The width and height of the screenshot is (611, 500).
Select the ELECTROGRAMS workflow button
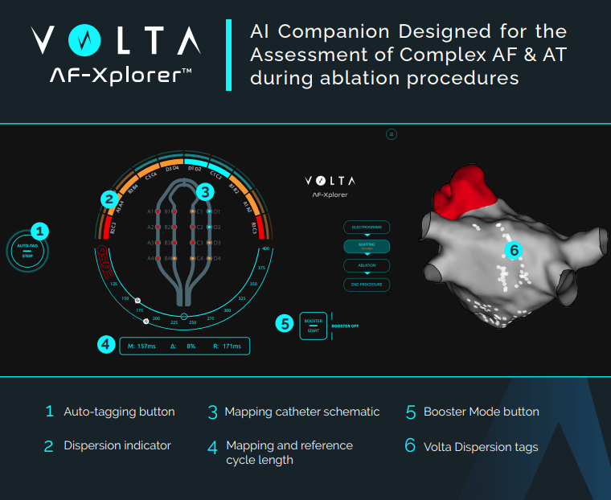click(367, 227)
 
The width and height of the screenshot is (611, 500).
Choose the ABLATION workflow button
click(367, 265)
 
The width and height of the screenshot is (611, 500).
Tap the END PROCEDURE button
click(367, 285)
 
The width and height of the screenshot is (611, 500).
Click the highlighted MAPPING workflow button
click(367, 247)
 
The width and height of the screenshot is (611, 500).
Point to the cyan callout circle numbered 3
click(205, 191)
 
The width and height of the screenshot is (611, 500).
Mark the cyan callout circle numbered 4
click(105, 345)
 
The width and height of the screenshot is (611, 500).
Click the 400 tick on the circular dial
click(265, 249)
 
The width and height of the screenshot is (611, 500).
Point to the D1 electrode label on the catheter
click(216, 211)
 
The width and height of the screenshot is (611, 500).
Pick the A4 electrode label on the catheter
click(150, 258)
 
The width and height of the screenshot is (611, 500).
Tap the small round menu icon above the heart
click(392, 134)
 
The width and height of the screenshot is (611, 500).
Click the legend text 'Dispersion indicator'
click(117, 445)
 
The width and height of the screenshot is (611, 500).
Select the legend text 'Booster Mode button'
click(482, 412)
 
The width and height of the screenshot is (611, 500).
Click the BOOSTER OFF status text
click(345, 326)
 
